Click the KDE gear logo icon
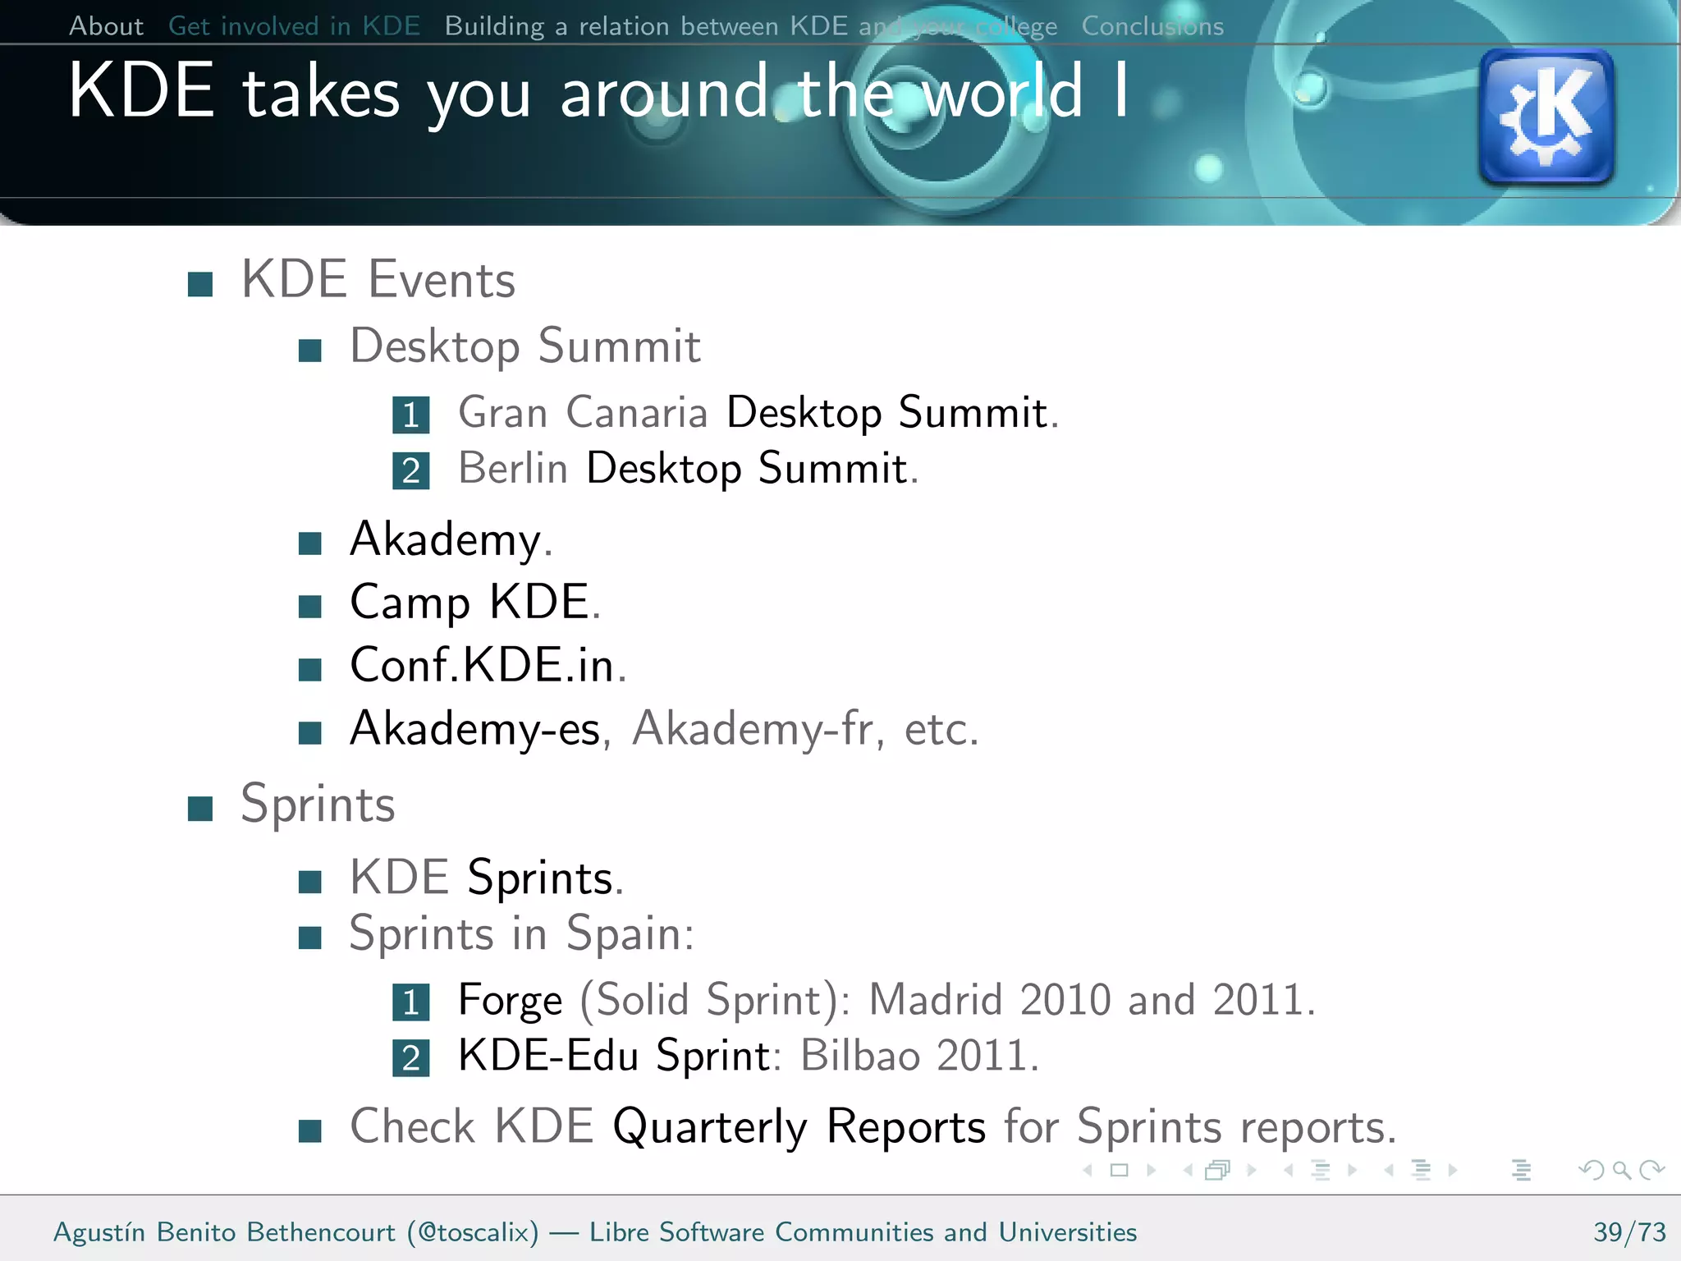(x=1546, y=116)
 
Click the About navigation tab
(x=106, y=26)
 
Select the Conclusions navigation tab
(x=1152, y=26)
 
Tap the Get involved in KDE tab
(x=294, y=26)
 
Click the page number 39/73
(x=1629, y=1232)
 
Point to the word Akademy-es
(x=474, y=728)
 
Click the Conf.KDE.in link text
(x=482, y=665)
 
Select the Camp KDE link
(x=469, y=602)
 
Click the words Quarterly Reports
(x=799, y=1126)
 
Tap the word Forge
(x=510, y=1000)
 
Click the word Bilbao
(x=859, y=1056)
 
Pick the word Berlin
(x=513, y=469)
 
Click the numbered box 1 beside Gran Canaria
(x=410, y=415)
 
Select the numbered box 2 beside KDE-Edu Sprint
(x=410, y=1058)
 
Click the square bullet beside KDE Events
(x=200, y=284)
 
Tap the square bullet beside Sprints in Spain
(x=309, y=938)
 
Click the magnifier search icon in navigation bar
(x=1621, y=1170)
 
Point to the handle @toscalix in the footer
(x=474, y=1232)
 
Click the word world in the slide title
(x=1002, y=93)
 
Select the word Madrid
(x=935, y=1000)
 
